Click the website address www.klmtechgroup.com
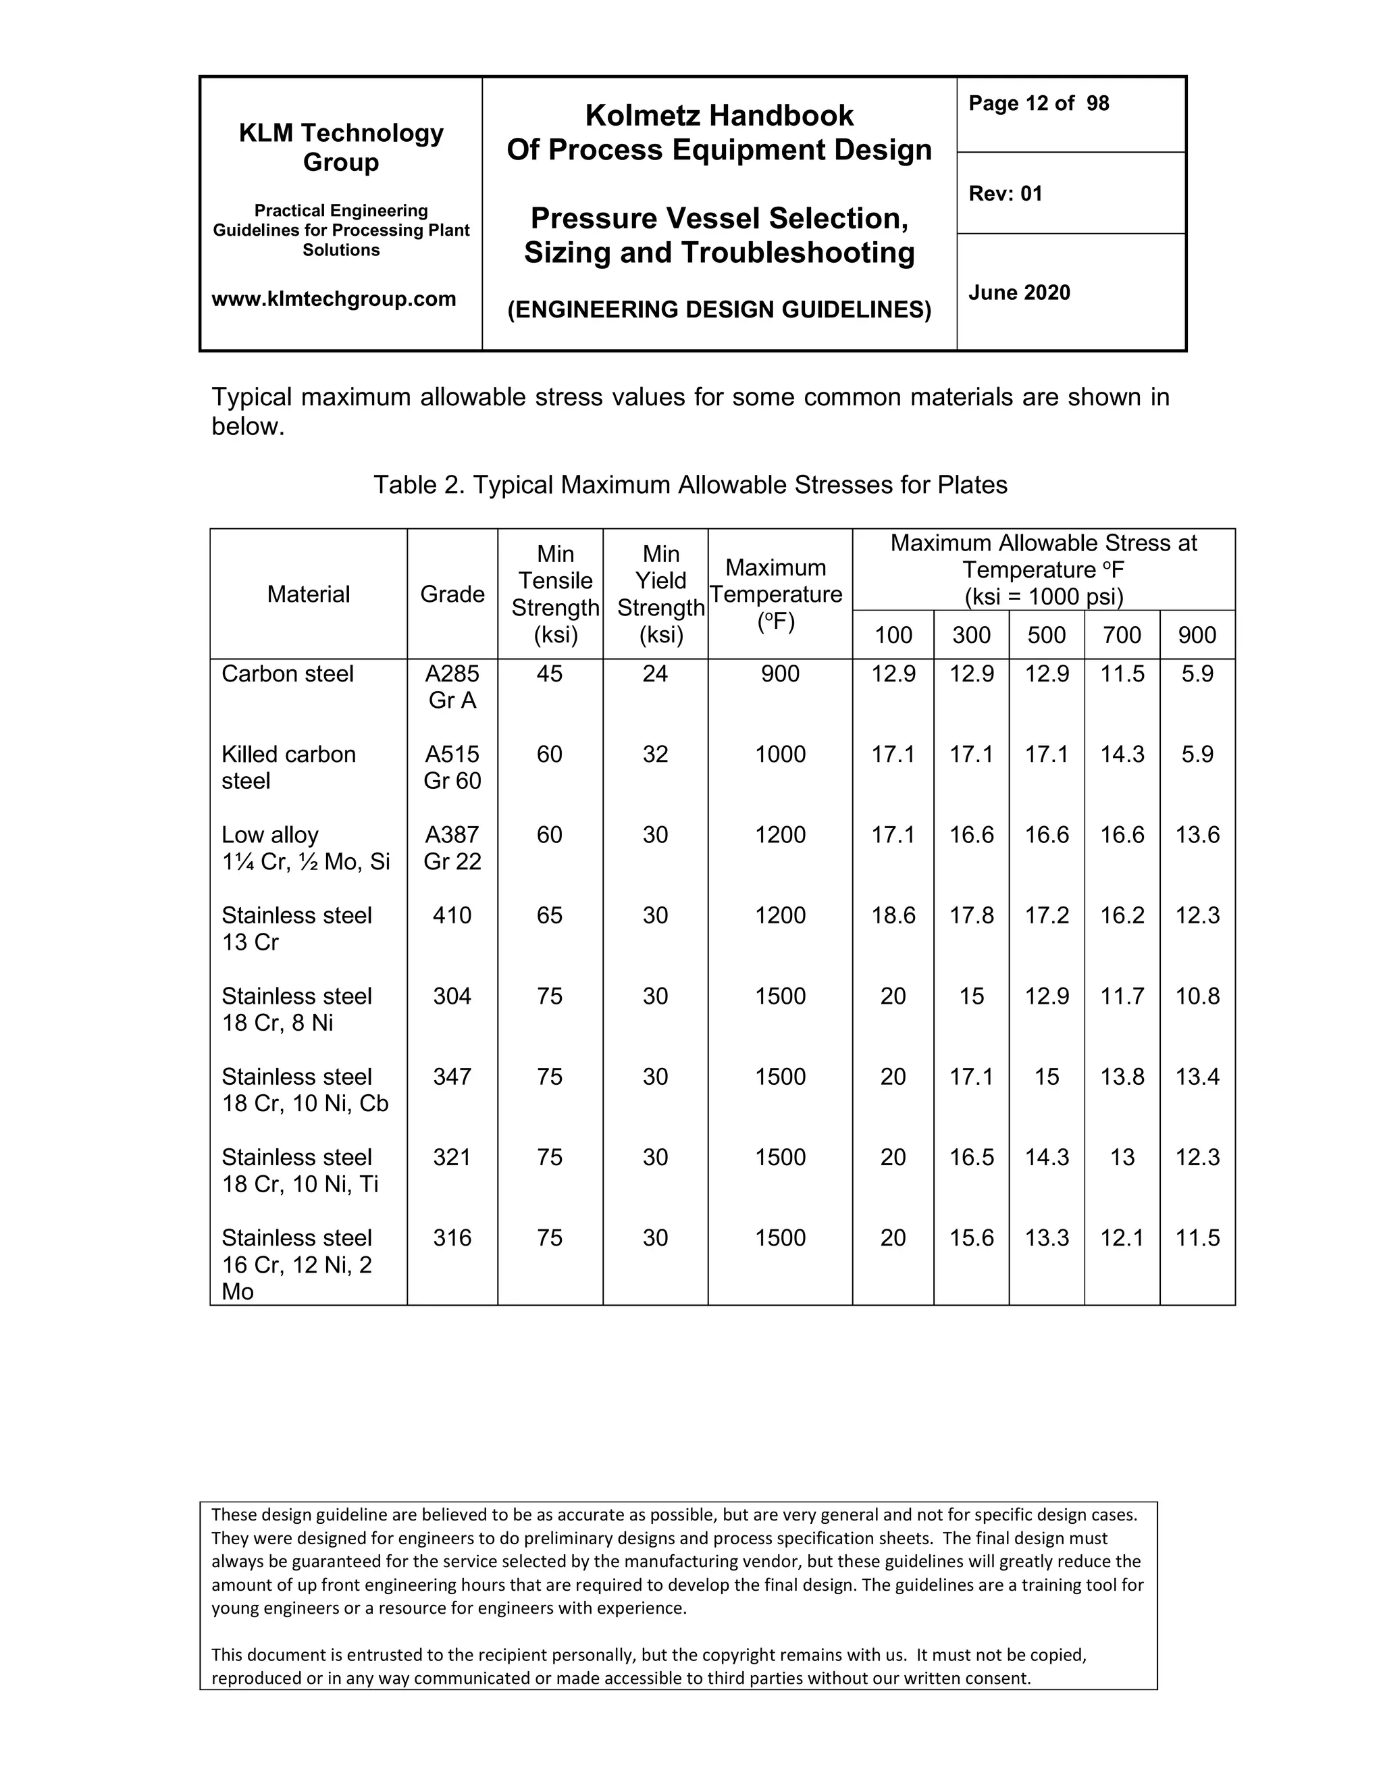pyautogui.click(x=334, y=299)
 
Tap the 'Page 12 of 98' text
pyautogui.click(x=1038, y=103)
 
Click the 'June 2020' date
pyautogui.click(x=1019, y=292)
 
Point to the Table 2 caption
pyautogui.click(x=690, y=484)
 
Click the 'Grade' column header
pyautogui.click(x=452, y=594)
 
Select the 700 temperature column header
pyautogui.click(x=1122, y=634)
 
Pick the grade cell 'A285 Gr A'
pyautogui.click(x=452, y=687)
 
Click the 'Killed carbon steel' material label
pyautogui.click(x=288, y=767)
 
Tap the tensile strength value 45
pyautogui.click(x=550, y=673)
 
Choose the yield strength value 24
pyautogui.click(x=656, y=673)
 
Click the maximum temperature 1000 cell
pyautogui.click(x=780, y=754)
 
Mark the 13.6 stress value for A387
pyautogui.click(x=1197, y=834)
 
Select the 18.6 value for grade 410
pyautogui.click(x=893, y=915)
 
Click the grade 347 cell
pyautogui.click(x=452, y=1076)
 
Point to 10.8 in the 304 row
pyautogui.click(x=1197, y=996)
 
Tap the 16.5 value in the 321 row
pyautogui.click(x=971, y=1156)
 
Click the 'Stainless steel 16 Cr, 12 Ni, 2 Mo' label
pyautogui.click(x=296, y=1264)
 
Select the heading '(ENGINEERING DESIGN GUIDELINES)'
pyautogui.click(x=719, y=310)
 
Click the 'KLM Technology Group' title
pyautogui.click(x=341, y=147)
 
